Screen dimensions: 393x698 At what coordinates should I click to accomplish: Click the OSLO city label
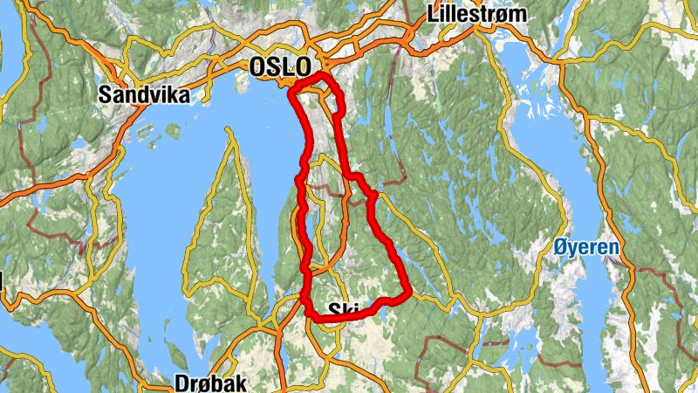(279, 67)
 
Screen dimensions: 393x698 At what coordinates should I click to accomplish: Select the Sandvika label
(145, 94)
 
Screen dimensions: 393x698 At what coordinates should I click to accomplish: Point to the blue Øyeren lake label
(586, 247)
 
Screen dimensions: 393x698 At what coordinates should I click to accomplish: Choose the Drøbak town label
(211, 383)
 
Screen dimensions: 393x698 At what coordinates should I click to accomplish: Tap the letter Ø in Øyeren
(560, 247)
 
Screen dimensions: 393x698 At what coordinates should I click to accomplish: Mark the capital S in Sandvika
(107, 94)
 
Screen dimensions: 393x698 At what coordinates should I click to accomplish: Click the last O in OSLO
(301, 67)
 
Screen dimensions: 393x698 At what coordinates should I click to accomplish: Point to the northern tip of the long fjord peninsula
(229, 131)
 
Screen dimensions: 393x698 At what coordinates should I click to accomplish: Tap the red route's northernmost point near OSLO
(321, 77)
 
